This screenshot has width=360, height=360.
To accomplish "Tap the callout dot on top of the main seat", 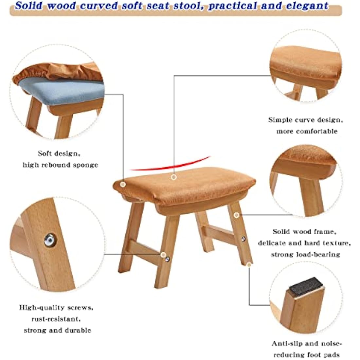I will click(174, 177).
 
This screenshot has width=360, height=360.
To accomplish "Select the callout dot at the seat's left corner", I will click(123, 185).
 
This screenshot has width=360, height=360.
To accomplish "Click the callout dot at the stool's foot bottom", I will click(249, 263).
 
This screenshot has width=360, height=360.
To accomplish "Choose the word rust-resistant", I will click(55, 319).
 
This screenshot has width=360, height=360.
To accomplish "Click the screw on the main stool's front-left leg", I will click(168, 259).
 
